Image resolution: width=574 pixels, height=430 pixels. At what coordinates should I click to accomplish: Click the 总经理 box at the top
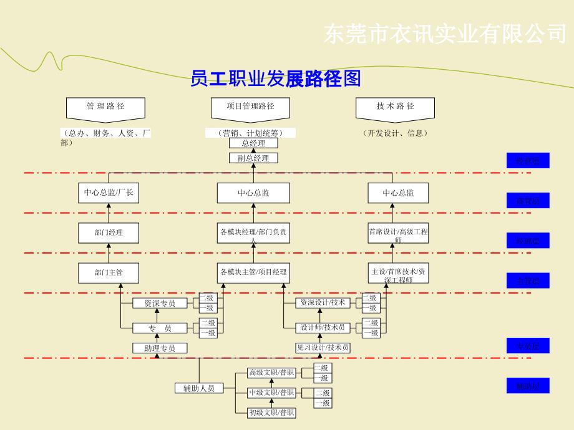tap(253, 143)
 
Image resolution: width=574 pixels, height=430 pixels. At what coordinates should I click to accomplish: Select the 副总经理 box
tap(253, 158)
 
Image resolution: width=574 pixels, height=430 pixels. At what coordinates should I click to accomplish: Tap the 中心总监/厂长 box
tap(109, 193)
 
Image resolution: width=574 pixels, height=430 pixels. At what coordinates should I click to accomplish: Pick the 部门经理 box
tap(109, 232)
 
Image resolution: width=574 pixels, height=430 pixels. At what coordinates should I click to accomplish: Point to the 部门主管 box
tap(109, 272)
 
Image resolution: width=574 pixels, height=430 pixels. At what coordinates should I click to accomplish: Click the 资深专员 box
tap(160, 303)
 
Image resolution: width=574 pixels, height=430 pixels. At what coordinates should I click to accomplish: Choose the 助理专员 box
tap(160, 348)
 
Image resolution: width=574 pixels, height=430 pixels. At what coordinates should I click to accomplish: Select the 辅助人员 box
tap(199, 388)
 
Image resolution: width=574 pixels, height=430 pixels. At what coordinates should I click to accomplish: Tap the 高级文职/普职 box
tap(271, 373)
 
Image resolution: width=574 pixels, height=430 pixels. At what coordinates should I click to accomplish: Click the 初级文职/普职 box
tap(271, 413)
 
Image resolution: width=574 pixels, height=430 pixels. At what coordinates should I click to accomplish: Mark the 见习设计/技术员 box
tap(323, 348)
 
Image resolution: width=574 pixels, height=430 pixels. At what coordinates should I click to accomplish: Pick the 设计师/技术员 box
tap(323, 328)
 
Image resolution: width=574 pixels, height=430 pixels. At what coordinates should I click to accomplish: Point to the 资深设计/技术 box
tap(323, 303)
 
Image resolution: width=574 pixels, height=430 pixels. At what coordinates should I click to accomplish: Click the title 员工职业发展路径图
tap(276, 79)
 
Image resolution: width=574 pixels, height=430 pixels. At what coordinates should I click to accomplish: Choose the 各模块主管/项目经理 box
tap(253, 272)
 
